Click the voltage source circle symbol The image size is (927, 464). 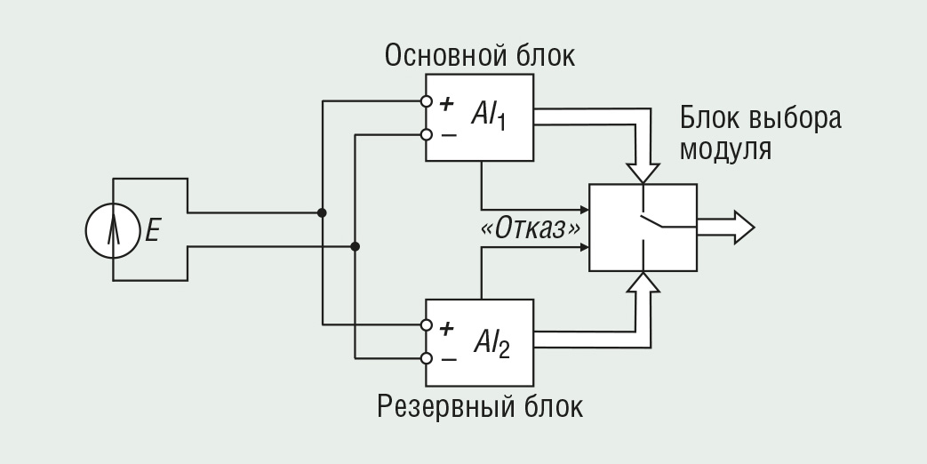(x=113, y=230)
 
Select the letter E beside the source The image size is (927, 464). (x=153, y=231)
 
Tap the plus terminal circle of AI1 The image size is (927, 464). (x=427, y=101)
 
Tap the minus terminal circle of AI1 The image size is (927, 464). (x=427, y=135)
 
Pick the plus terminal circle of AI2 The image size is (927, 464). (x=427, y=325)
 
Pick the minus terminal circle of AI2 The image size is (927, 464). (x=427, y=358)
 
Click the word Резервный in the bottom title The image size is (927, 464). (x=447, y=407)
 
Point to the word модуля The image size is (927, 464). (x=725, y=148)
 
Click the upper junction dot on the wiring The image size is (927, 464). (x=322, y=213)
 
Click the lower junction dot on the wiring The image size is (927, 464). (x=355, y=246)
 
